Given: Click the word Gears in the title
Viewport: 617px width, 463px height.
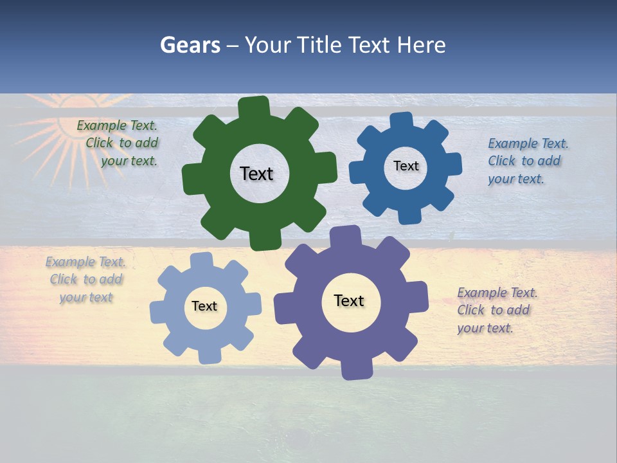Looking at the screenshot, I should tap(189, 45).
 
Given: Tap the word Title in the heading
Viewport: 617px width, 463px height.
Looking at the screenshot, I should tap(321, 45).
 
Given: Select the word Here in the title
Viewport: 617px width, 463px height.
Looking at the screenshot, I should tap(421, 45).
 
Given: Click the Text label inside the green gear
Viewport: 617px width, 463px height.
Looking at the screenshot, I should tap(256, 174).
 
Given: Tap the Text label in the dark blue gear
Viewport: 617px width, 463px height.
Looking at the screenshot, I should tap(406, 166).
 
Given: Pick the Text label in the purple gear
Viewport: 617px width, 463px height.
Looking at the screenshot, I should tap(349, 300).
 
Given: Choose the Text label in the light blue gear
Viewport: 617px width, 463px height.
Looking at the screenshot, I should tap(204, 306).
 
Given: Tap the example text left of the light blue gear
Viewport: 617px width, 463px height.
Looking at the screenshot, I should tap(85, 279).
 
